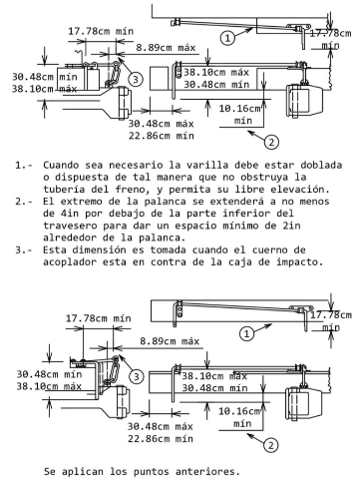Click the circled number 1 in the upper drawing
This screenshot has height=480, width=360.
(x=227, y=38)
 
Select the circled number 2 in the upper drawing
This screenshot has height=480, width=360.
(x=271, y=143)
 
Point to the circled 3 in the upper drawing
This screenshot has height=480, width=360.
(x=135, y=80)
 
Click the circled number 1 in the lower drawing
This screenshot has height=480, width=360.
(x=246, y=333)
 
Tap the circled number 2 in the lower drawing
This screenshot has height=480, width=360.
(x=271, y=445)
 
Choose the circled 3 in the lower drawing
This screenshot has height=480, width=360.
(x=136, y=377)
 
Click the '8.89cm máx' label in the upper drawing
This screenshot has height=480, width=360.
(x=166, y=48)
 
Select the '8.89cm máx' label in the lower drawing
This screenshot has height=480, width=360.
(x=170, y=341)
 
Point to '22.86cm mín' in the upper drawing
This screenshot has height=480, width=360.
(x=162, y=136)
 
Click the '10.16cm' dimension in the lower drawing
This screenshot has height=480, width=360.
(x=239, y=411)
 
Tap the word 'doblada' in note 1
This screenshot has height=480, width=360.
(x=321, y=165)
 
